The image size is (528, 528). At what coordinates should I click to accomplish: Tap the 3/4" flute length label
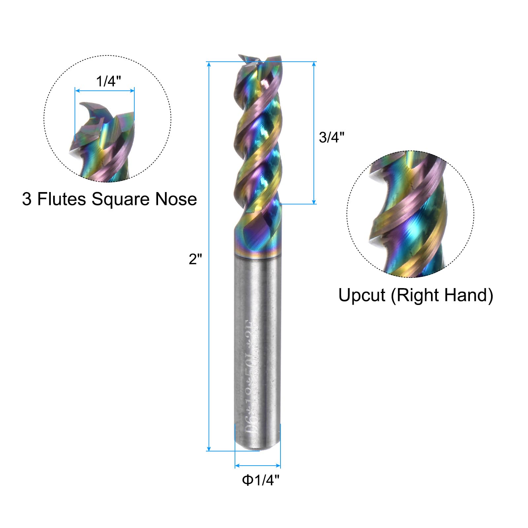pyautogui.click(x=331, y=137)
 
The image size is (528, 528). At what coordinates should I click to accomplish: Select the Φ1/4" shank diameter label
pyautogui.click(x=261, y=480)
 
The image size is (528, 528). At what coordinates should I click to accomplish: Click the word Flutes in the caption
pyautogui.click(x=61, y=199)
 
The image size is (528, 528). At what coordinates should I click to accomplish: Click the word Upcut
pyautogui.click(x=362, y=295)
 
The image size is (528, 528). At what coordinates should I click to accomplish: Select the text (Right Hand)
pyautogui.click(x=442, y=295)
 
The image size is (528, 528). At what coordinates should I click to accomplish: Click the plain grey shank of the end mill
pyautogui.click(x=257, y=313)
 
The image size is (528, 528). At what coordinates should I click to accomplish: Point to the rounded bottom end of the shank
pyautogui.click(x=257, y=445)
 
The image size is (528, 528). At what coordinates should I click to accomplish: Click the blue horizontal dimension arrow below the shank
pyautogui.click(x=257, y=466)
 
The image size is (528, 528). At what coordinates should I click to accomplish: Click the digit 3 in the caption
pyautogui.click(x=27, y=199)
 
